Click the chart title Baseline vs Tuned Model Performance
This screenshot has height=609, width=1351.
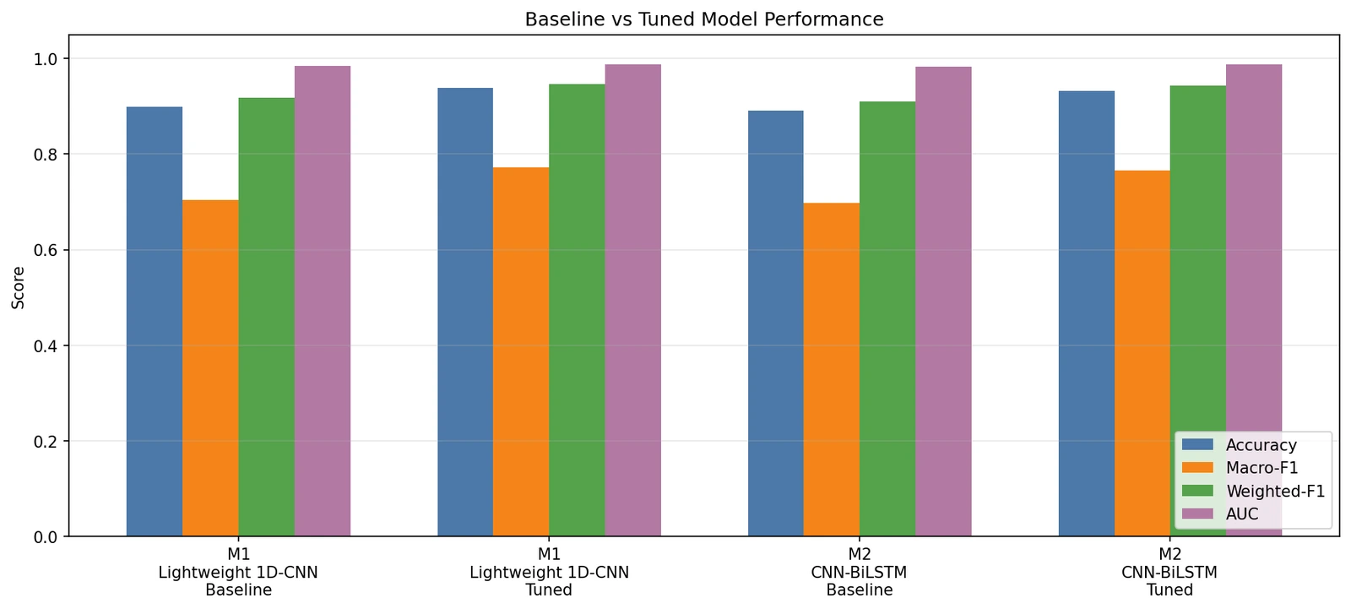click(704, 19)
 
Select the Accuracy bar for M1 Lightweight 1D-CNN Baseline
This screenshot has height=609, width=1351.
click(155, 322)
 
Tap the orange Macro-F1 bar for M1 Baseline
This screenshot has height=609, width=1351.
click(210, 368)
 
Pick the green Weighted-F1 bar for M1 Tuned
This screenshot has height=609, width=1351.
click(577, 310)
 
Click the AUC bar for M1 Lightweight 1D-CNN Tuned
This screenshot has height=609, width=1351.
click(632, 301)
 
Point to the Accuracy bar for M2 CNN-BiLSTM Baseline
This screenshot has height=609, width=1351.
click(776, 324)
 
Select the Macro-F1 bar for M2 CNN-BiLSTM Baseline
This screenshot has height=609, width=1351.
click(831, 370)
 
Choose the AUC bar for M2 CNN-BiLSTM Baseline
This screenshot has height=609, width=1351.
click(943, 302)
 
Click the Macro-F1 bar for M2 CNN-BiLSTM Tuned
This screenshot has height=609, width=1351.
click(1142, 354)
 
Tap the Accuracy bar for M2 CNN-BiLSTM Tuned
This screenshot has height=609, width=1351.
click(1086, 314)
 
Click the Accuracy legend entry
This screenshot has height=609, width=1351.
click(1240, 445)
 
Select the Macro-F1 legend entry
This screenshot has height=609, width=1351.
click(1240, 468)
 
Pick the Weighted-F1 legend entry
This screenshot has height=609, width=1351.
click(1253, 492)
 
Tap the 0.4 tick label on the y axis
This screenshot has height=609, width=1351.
click(46, 345)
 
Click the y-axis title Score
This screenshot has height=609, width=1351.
click(18, 287)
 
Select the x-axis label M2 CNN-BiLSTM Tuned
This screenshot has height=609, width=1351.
click(1169, 572)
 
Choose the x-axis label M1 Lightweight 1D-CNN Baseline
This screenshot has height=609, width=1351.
click(238, 572)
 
